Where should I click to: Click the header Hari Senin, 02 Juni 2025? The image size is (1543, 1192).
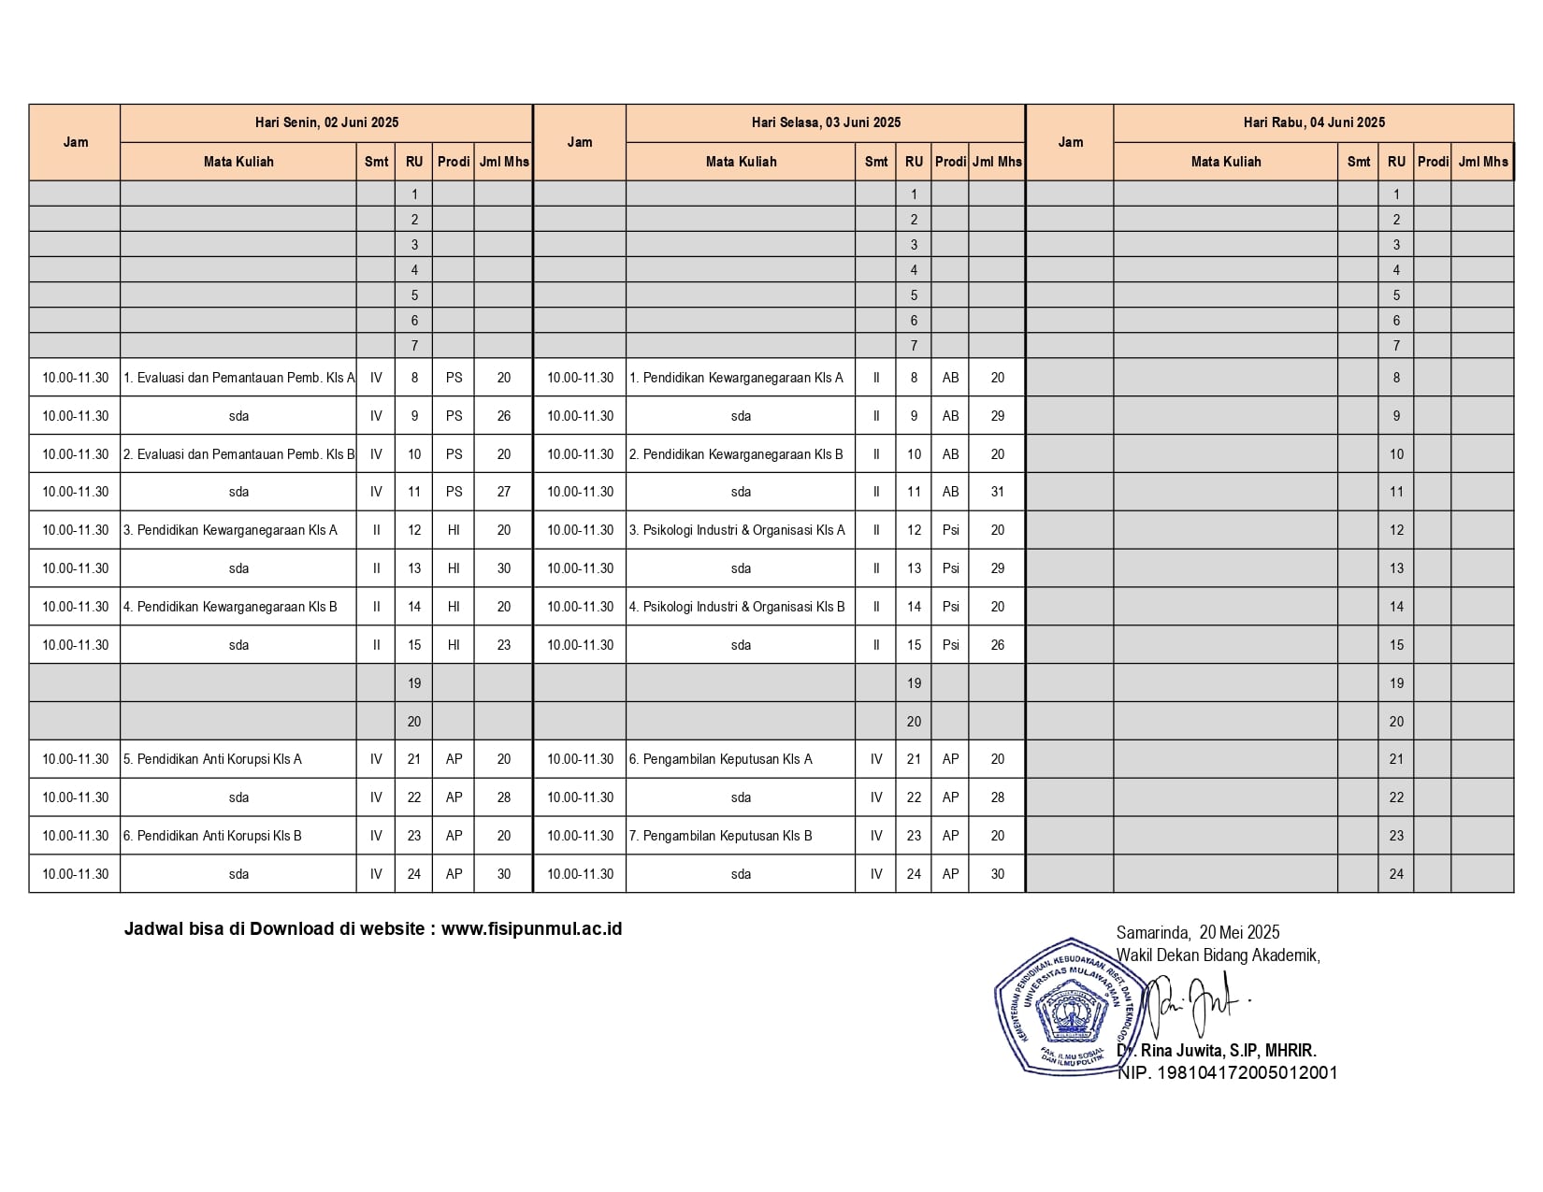pyautogui.click(x=326, y=122)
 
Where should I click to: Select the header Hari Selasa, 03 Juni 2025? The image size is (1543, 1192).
pyautogui.click(x=826, y=122)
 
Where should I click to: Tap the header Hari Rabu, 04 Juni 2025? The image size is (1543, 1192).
pyautogui.click(x=1314, y=122)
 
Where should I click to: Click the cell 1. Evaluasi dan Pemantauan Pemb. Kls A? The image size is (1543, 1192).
pyautogui.click(x=238, y=378)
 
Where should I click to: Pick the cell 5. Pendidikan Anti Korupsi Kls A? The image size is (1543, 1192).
pyautogui.click(x=212, y=759)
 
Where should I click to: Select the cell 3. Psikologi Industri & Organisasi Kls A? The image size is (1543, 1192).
pyautogui.click(x=737, y=530)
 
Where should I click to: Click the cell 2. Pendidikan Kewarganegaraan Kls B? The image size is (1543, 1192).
pyautogui.click(x=736, y=454)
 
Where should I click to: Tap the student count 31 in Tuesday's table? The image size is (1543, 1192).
pyautogui.click(x=997, y=492)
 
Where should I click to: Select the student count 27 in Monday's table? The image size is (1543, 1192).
pyautogui.click(x=503, y=492)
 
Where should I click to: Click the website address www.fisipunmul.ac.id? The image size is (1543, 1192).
pyautogui.click(x=531, y=929)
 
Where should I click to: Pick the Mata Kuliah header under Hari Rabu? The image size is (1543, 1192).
pyautogui.click(x=1225, y=162)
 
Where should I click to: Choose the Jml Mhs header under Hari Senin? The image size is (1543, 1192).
pyautogui.click(x=503, y=162)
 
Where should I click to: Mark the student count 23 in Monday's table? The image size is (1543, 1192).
pyautogui.click(x=503, y=645)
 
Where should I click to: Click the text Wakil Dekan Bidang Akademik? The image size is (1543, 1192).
pyautogui.click(x=1218, y=955)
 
